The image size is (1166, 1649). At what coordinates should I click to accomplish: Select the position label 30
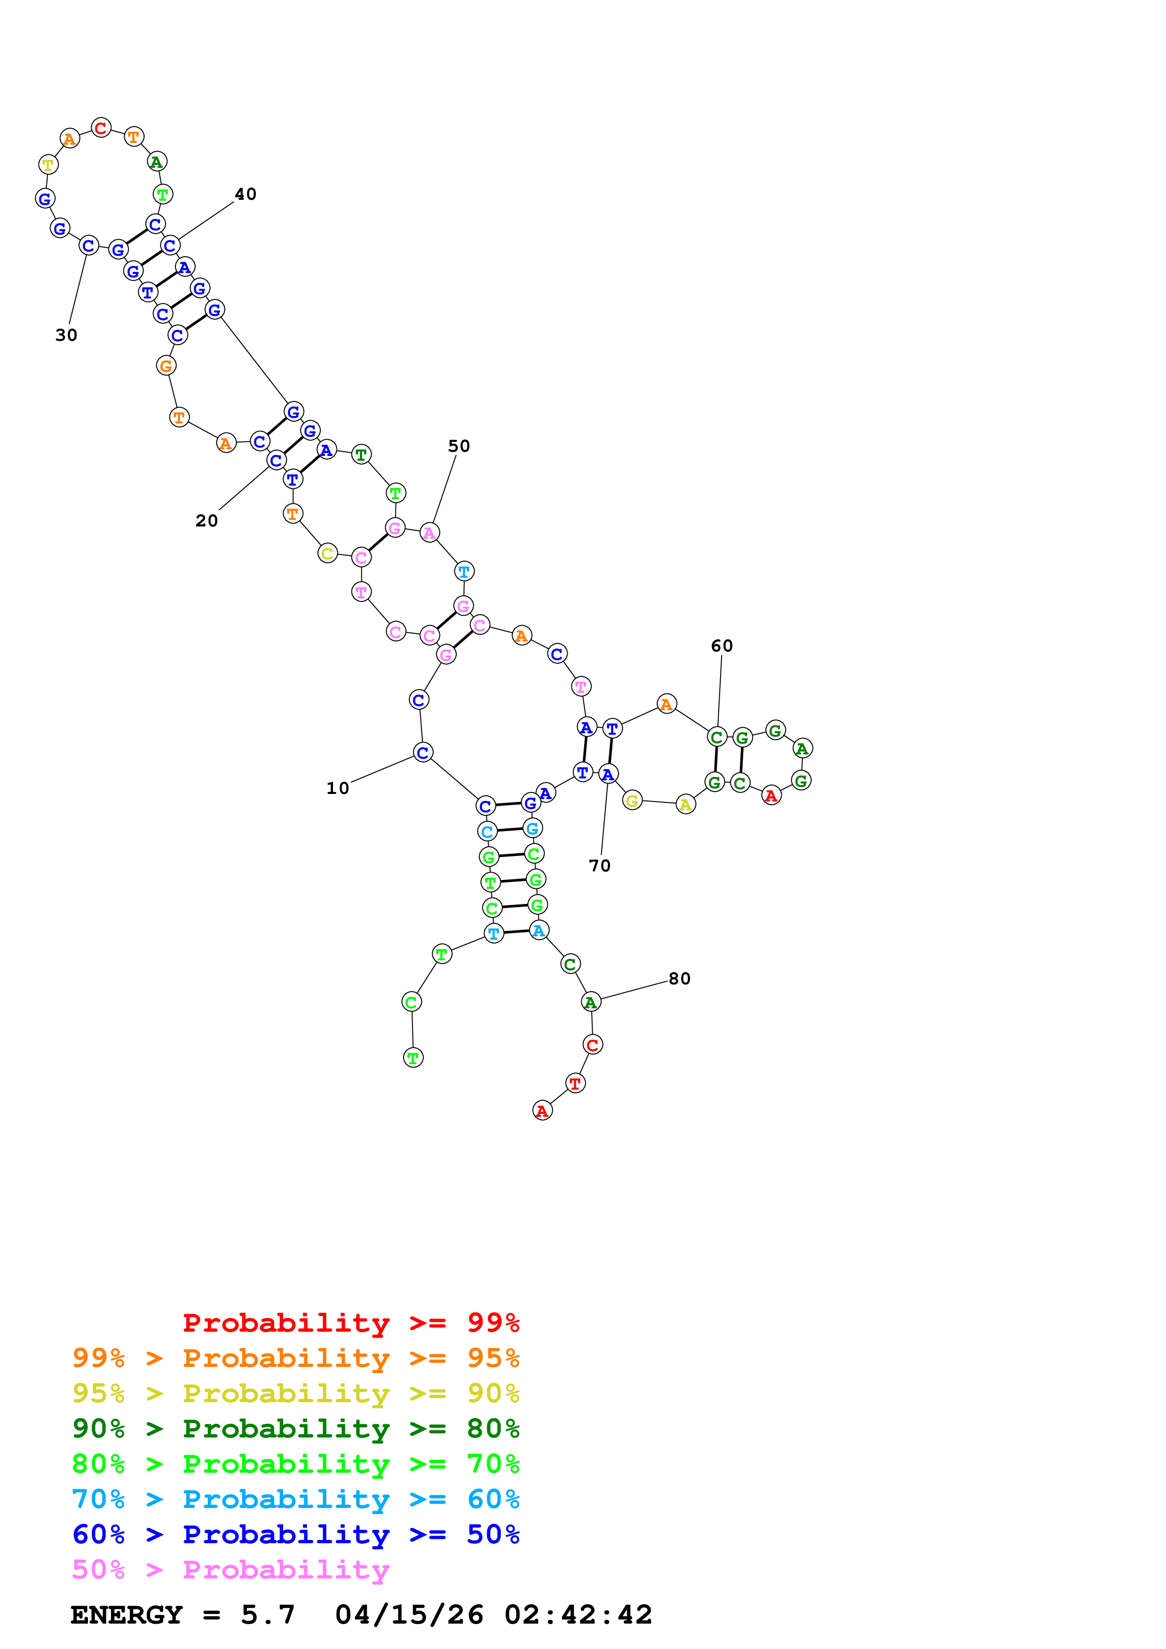(x=66, y=336)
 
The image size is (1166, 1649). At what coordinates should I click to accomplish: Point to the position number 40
(x=246, y=194)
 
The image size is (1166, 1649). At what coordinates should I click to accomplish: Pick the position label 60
(x=722, y=646)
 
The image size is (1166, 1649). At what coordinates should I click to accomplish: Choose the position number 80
(x=680, y=978)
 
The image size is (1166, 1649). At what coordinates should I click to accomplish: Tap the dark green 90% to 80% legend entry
(x=296, y=1429)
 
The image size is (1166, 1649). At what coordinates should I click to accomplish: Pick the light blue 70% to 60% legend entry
(x=296, y=1499)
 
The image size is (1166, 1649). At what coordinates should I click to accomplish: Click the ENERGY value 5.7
(x=268, y=1615)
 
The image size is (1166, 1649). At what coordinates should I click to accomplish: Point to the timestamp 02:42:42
(x=579, y=1615)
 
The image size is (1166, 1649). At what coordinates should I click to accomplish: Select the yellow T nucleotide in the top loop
(x=48, y=165)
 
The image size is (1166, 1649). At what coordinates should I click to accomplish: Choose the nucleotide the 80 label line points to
(x=591, y=1002)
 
